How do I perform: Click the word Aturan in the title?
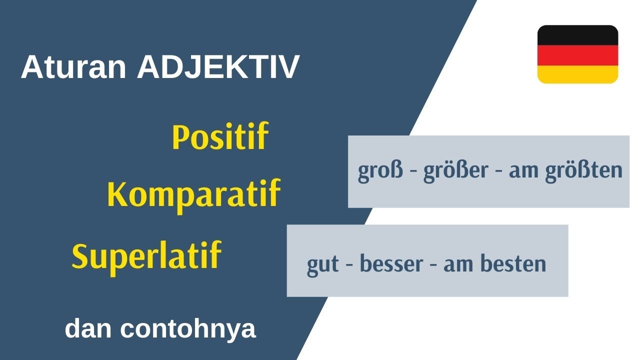73,67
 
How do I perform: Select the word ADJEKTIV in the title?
218,67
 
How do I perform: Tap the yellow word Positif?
220,137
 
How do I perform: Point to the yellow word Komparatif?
193,194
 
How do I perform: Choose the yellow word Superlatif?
146,256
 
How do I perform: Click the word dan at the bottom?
88,329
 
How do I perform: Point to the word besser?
390,264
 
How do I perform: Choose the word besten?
513,264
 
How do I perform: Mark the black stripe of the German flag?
577,34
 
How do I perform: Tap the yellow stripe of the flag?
577,73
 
